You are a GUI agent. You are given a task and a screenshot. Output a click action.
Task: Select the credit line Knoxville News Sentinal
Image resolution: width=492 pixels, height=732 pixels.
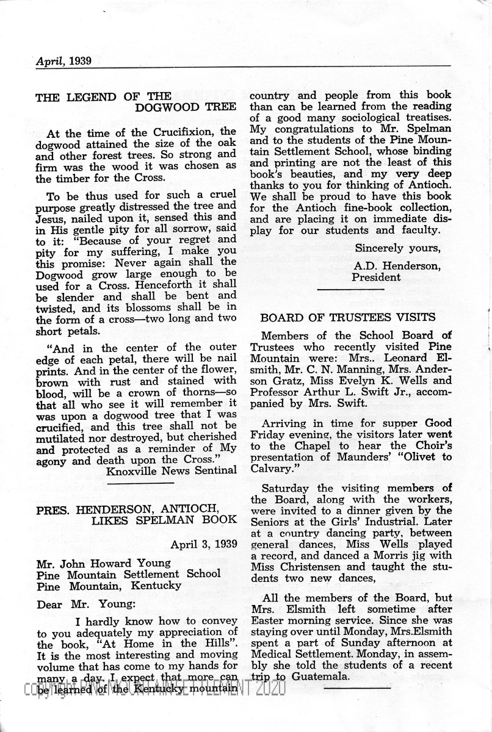(171, 470)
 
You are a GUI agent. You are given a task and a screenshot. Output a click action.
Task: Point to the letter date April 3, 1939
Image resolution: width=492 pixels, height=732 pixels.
(204, 544)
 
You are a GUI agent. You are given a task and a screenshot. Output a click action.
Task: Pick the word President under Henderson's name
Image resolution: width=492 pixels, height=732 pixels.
(377, 278)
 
